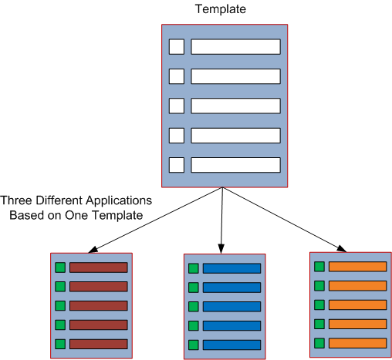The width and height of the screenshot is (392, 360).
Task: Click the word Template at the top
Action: coord(221,9)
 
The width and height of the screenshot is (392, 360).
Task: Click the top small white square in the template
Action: coord(177,47)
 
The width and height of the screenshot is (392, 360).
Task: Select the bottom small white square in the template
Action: coord(177,165)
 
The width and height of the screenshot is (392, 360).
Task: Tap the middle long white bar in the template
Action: coord(235,106)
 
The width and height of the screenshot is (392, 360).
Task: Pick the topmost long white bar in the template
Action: coord(235,47)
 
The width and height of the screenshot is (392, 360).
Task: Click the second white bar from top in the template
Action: coord(235,76)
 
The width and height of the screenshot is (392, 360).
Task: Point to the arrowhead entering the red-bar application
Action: coord(93,250)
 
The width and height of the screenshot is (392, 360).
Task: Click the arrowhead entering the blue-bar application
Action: coord(221,249)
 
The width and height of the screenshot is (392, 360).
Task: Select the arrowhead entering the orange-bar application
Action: coord(342,248)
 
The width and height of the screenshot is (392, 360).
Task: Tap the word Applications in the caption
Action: coord(119,201)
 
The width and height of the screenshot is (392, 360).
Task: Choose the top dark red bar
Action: coord(99,267)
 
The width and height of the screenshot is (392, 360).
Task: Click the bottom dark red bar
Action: coord(99,344)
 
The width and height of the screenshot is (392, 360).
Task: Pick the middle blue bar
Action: coord(231,307)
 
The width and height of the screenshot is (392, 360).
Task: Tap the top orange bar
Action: coord(358,267)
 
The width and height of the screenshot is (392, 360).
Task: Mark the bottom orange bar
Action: coord(358,343)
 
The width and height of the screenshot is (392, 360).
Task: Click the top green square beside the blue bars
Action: coord(194,268)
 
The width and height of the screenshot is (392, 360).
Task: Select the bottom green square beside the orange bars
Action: coord(319,343)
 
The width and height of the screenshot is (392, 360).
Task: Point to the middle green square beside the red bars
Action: coord(60,306)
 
